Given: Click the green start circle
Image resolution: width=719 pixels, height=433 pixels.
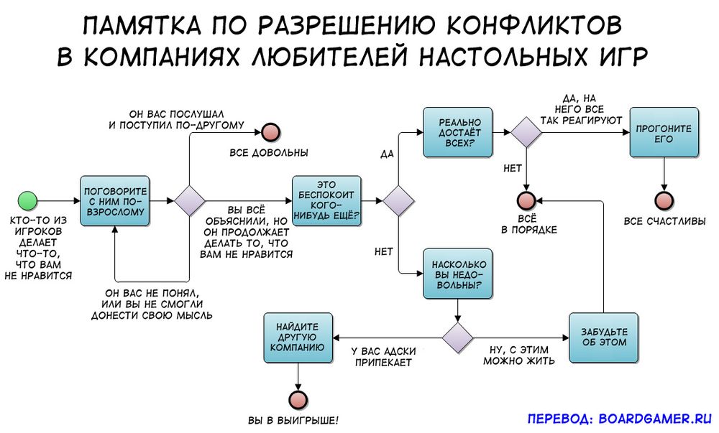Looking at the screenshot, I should pos(27,200).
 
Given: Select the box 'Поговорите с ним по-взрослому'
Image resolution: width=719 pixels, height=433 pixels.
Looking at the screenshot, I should pos(115,200).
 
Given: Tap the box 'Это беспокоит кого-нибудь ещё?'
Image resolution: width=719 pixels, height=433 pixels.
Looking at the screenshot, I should pos(326,200).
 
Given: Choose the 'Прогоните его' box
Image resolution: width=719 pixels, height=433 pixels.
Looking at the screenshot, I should pos(664,131).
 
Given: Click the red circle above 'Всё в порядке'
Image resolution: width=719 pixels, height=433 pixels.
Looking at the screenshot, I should pos(527,200).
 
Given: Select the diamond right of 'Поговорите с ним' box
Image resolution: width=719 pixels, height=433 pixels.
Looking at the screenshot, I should pos(190,200).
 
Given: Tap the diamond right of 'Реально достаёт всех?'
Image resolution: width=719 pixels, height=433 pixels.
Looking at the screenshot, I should pos(527,131).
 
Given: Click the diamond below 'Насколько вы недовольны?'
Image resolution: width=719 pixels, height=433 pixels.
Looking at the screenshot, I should pos(457,337).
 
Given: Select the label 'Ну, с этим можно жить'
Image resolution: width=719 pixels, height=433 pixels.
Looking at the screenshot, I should pos(518,355).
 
